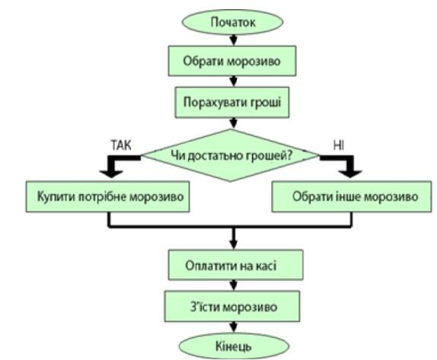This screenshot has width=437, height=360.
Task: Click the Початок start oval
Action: [x=232, y=22]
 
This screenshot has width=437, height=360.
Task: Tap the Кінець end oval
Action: [x=234, y=346]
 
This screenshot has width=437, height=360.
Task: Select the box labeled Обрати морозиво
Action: [x=232, y=61]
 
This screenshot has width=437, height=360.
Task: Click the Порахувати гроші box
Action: [x=232, y=102]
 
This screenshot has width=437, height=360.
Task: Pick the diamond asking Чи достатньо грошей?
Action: [x=231, y=155]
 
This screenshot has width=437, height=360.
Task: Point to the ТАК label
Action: [x=121, y=145]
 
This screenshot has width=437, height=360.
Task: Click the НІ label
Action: [x=339, y=145]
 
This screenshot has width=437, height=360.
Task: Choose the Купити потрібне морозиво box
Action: [x=108, y=196]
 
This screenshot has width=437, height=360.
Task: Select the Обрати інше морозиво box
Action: [x=352, y=196]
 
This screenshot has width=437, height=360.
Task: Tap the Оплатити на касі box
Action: [x=235, y=265]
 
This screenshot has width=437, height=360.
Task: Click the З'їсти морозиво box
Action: [x=232, y=307]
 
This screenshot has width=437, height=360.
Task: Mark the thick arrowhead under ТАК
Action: [x=111, y=174]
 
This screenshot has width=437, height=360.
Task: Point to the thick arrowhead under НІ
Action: [x=351, y=174]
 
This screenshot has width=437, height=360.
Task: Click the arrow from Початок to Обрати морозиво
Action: [x=234, y=40]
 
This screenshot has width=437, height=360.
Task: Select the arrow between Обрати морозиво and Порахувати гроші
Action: [x=234, y=81]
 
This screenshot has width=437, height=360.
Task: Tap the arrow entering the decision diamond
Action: [x=233, y=123]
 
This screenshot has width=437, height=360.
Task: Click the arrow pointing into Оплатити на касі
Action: [x=234, y=238]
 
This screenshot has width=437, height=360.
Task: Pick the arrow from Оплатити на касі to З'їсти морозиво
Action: [x=234, y=285]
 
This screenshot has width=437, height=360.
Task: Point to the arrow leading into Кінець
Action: [x=234, y=327]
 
